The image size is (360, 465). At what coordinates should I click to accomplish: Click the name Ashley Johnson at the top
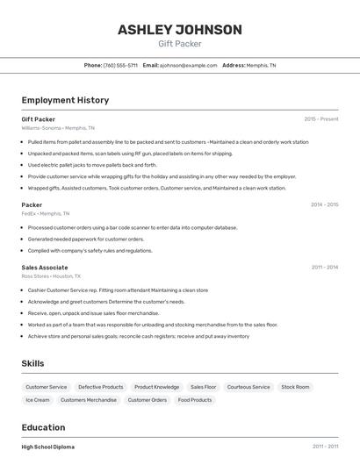179,30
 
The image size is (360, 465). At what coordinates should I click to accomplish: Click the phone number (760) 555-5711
120,65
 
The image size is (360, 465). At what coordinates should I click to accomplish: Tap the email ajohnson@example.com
188,65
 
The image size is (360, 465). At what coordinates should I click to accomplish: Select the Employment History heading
65,100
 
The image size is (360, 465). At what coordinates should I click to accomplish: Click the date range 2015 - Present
321,119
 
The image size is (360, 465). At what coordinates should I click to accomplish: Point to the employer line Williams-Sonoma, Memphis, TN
58,128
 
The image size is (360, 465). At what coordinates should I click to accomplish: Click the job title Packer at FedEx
32,204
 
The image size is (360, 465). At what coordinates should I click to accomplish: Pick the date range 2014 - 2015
324,204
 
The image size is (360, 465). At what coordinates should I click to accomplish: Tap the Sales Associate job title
45,267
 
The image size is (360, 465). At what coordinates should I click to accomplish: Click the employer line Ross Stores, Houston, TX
51,275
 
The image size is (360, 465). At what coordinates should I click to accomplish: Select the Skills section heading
32,363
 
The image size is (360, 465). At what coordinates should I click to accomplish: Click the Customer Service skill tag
47,387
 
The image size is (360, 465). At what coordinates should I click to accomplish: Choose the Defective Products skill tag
101,387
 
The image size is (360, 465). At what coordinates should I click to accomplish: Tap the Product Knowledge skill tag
156,387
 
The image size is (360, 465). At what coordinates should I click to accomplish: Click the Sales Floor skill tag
203,387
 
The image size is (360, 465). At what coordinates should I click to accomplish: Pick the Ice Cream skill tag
38,400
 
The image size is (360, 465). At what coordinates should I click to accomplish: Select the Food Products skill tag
195,400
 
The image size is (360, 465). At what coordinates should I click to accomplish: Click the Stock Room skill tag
295,387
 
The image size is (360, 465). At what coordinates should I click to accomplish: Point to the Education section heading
44,427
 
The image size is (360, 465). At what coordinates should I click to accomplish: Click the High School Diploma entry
48,447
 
